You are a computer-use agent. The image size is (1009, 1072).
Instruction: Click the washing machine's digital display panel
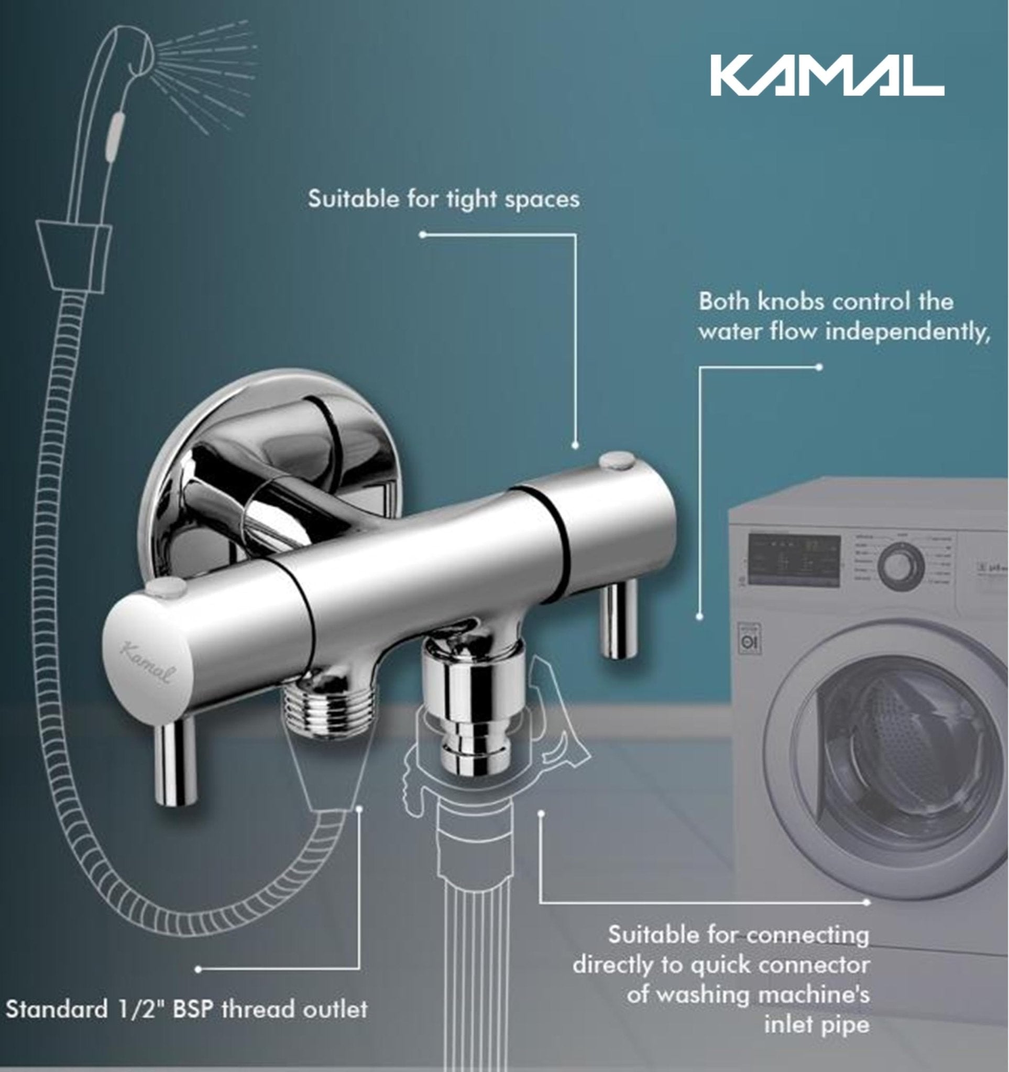[x=793, y=561]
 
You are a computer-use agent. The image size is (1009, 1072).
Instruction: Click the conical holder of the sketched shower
[x=74, y=254]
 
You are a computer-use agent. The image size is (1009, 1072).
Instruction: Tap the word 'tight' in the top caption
[x=471, y=200]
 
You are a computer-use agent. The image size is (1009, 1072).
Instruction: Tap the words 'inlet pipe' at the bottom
[x=816, y=1024]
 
